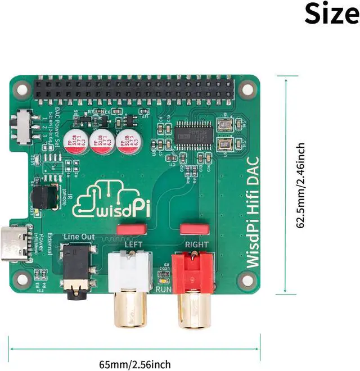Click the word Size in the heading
click(331, 13)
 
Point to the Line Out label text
click(79, 237)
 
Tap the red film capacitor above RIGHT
click(194, 229)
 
